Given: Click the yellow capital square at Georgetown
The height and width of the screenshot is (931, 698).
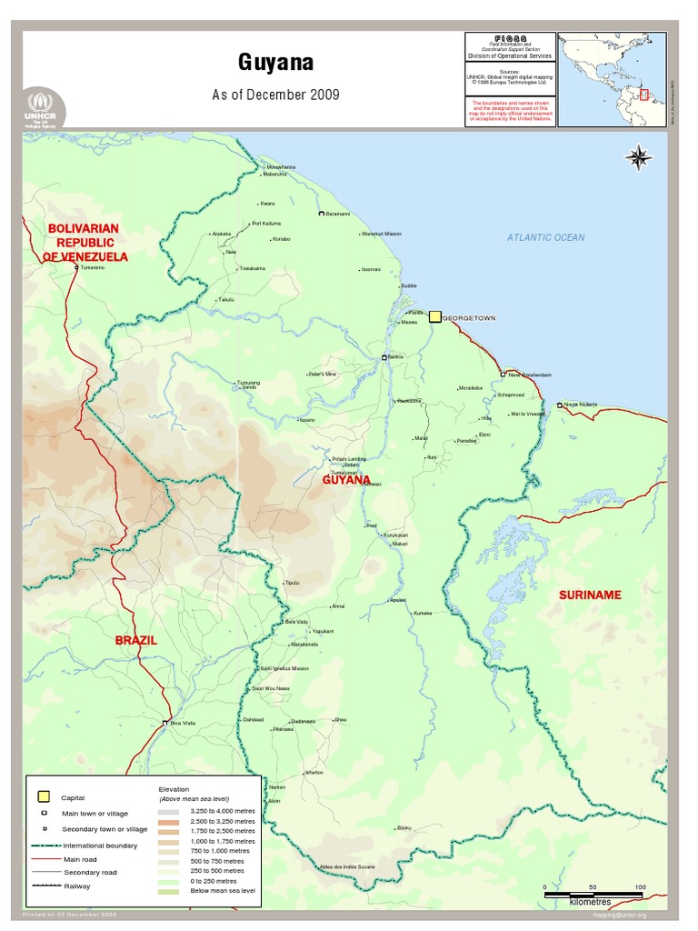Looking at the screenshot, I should [x=434, y=316].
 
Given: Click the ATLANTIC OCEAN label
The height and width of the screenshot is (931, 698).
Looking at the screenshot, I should [x=545, y=237].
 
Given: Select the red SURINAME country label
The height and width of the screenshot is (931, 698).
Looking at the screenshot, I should [x=590, y=595].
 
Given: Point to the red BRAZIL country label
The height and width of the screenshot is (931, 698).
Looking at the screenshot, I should [x=136, y=640].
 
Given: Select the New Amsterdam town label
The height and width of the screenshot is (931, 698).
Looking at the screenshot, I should [x=530, y=375].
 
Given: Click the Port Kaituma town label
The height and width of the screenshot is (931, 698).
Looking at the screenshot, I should [x=266, y=223].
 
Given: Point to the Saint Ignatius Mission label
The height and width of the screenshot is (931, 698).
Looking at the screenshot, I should [x=284, y=668].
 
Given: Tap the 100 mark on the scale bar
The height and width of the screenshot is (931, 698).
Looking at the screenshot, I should [x=641, y=886].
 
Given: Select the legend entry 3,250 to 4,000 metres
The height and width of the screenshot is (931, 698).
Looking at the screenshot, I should [x=223, y=809].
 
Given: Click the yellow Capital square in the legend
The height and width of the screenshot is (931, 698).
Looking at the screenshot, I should [x=43, y=796].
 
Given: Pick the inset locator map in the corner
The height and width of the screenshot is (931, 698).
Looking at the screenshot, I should [x=612, y=79].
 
